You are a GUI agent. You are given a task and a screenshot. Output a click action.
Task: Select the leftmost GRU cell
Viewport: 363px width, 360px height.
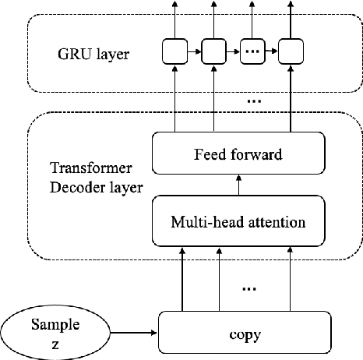173,53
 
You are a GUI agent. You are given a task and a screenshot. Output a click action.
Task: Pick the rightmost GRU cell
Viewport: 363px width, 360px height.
290,53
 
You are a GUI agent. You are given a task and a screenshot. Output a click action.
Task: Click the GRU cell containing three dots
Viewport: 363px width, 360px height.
251,53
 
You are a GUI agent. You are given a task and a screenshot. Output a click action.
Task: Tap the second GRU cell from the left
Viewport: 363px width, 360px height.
212,53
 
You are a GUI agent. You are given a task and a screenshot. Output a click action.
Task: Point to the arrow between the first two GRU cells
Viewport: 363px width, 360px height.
192,53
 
